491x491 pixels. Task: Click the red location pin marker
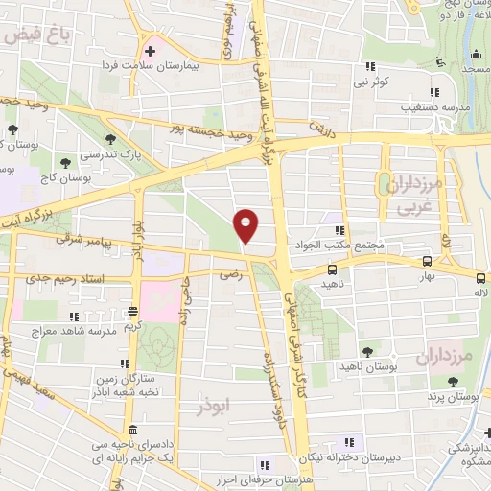point(246,225)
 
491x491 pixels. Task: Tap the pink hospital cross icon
point(150,51)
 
